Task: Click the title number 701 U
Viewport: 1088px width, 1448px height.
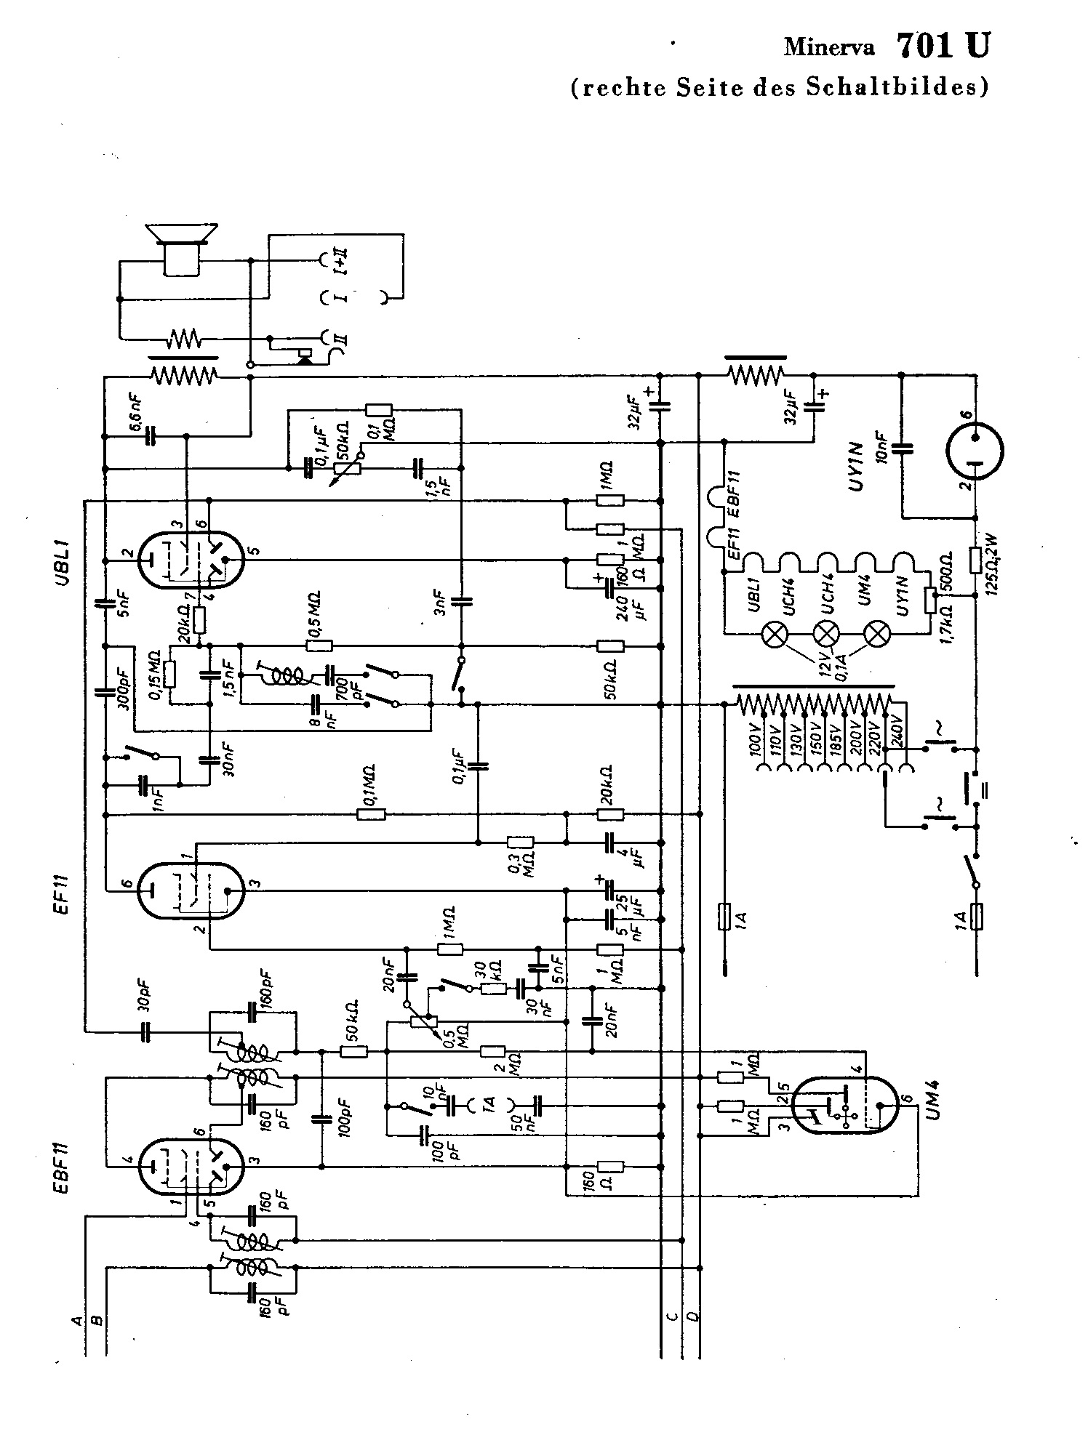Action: coord(943,46)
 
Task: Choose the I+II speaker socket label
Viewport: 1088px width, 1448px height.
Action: coord(340,260)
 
